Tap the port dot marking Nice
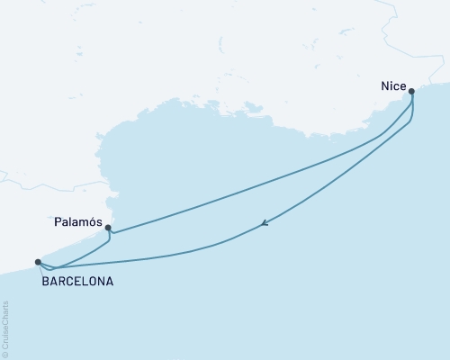[411, 91]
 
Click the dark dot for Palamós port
[108, 228]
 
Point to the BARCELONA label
[77, 281]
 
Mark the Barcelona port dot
[38, 262]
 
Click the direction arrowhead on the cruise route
[263, 225]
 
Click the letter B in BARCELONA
[45, 281]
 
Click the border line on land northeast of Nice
[396, 36]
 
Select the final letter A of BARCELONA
[110, 281]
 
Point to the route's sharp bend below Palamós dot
[110, 240]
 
